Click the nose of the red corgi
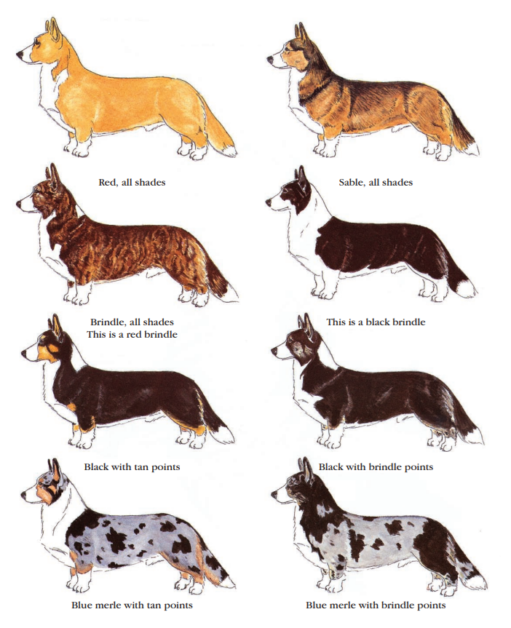pos(19,55)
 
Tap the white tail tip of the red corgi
pos(229,151)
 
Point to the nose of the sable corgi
pos(269,60)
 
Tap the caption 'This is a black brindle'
pos(376,322)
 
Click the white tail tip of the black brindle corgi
pos(467,288)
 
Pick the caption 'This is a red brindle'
pos(132,335)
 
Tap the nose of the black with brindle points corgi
pos(274,351)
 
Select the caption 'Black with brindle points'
pos(376,467)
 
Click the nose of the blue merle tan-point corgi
pos(24,496)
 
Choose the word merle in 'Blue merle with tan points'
pos(106,605)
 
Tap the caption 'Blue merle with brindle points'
pos(376,605)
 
